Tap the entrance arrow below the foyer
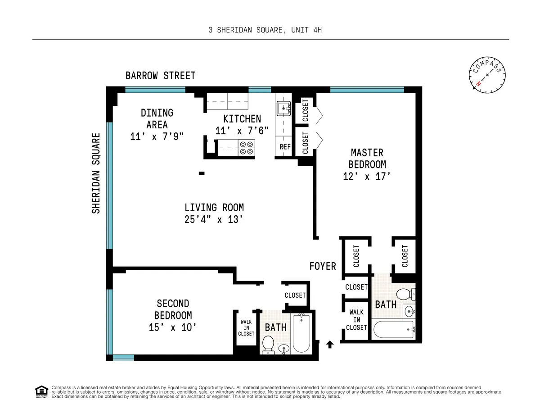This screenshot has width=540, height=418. pyautogui.click(x=329, y=345)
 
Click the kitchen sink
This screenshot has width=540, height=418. pyautogui.click(x=283, y=108)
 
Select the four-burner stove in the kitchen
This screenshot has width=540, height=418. pyautogui.click(x=247, y=147)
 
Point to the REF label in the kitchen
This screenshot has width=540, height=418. pyautogui.click(x=285, y=147)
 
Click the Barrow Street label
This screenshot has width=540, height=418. pyautogui.click(x=160, y=75)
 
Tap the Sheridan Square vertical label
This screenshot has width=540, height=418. pyautogui.click(x=95, y=173)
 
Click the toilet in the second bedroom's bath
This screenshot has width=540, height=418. pyautogui.click(x=268, y=344)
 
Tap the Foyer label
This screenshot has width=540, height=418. pyautogui.click(x=322, y=266)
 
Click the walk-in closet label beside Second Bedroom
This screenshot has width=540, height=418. pyautogui.click(x=246, y=327)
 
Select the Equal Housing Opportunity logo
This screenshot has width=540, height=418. pyautogui.click(x=41, y=392)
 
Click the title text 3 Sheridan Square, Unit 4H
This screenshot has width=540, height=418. pyautogui.click(x=265, y=30)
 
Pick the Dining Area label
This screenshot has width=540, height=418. pyautogui.click(x=157, y=118)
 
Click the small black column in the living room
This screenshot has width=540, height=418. pyautogui.click(x=202, y=173)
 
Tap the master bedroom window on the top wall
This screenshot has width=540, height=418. pyautogui.click(x=367, y=90)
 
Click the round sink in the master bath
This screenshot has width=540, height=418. pyautogui.click(x=409, y=311)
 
